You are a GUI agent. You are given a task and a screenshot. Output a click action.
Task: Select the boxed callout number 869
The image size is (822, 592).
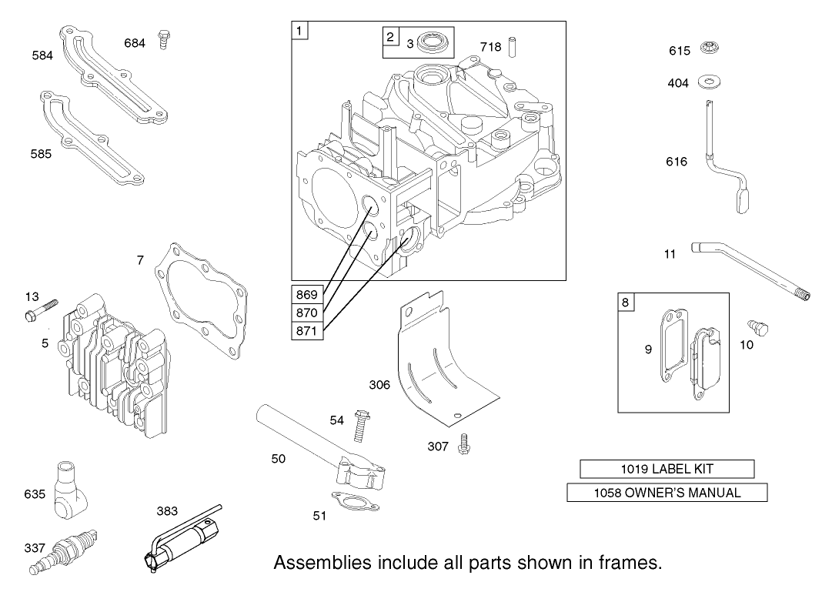308,294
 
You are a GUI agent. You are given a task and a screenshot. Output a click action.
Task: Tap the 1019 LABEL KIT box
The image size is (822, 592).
667,469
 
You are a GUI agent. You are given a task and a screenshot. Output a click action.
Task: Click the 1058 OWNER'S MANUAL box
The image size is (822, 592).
667,493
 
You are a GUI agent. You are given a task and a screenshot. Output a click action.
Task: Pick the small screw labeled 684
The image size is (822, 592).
162,39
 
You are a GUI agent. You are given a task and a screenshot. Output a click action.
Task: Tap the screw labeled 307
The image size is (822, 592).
465,444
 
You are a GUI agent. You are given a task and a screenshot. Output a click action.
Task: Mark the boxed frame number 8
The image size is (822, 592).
625,303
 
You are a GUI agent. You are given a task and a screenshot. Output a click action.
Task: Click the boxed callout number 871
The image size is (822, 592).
308,331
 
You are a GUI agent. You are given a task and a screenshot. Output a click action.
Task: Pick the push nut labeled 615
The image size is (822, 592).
709,49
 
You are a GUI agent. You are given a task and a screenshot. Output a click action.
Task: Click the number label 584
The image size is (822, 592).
42,55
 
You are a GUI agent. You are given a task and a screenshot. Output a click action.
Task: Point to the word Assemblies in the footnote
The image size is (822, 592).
319,563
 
